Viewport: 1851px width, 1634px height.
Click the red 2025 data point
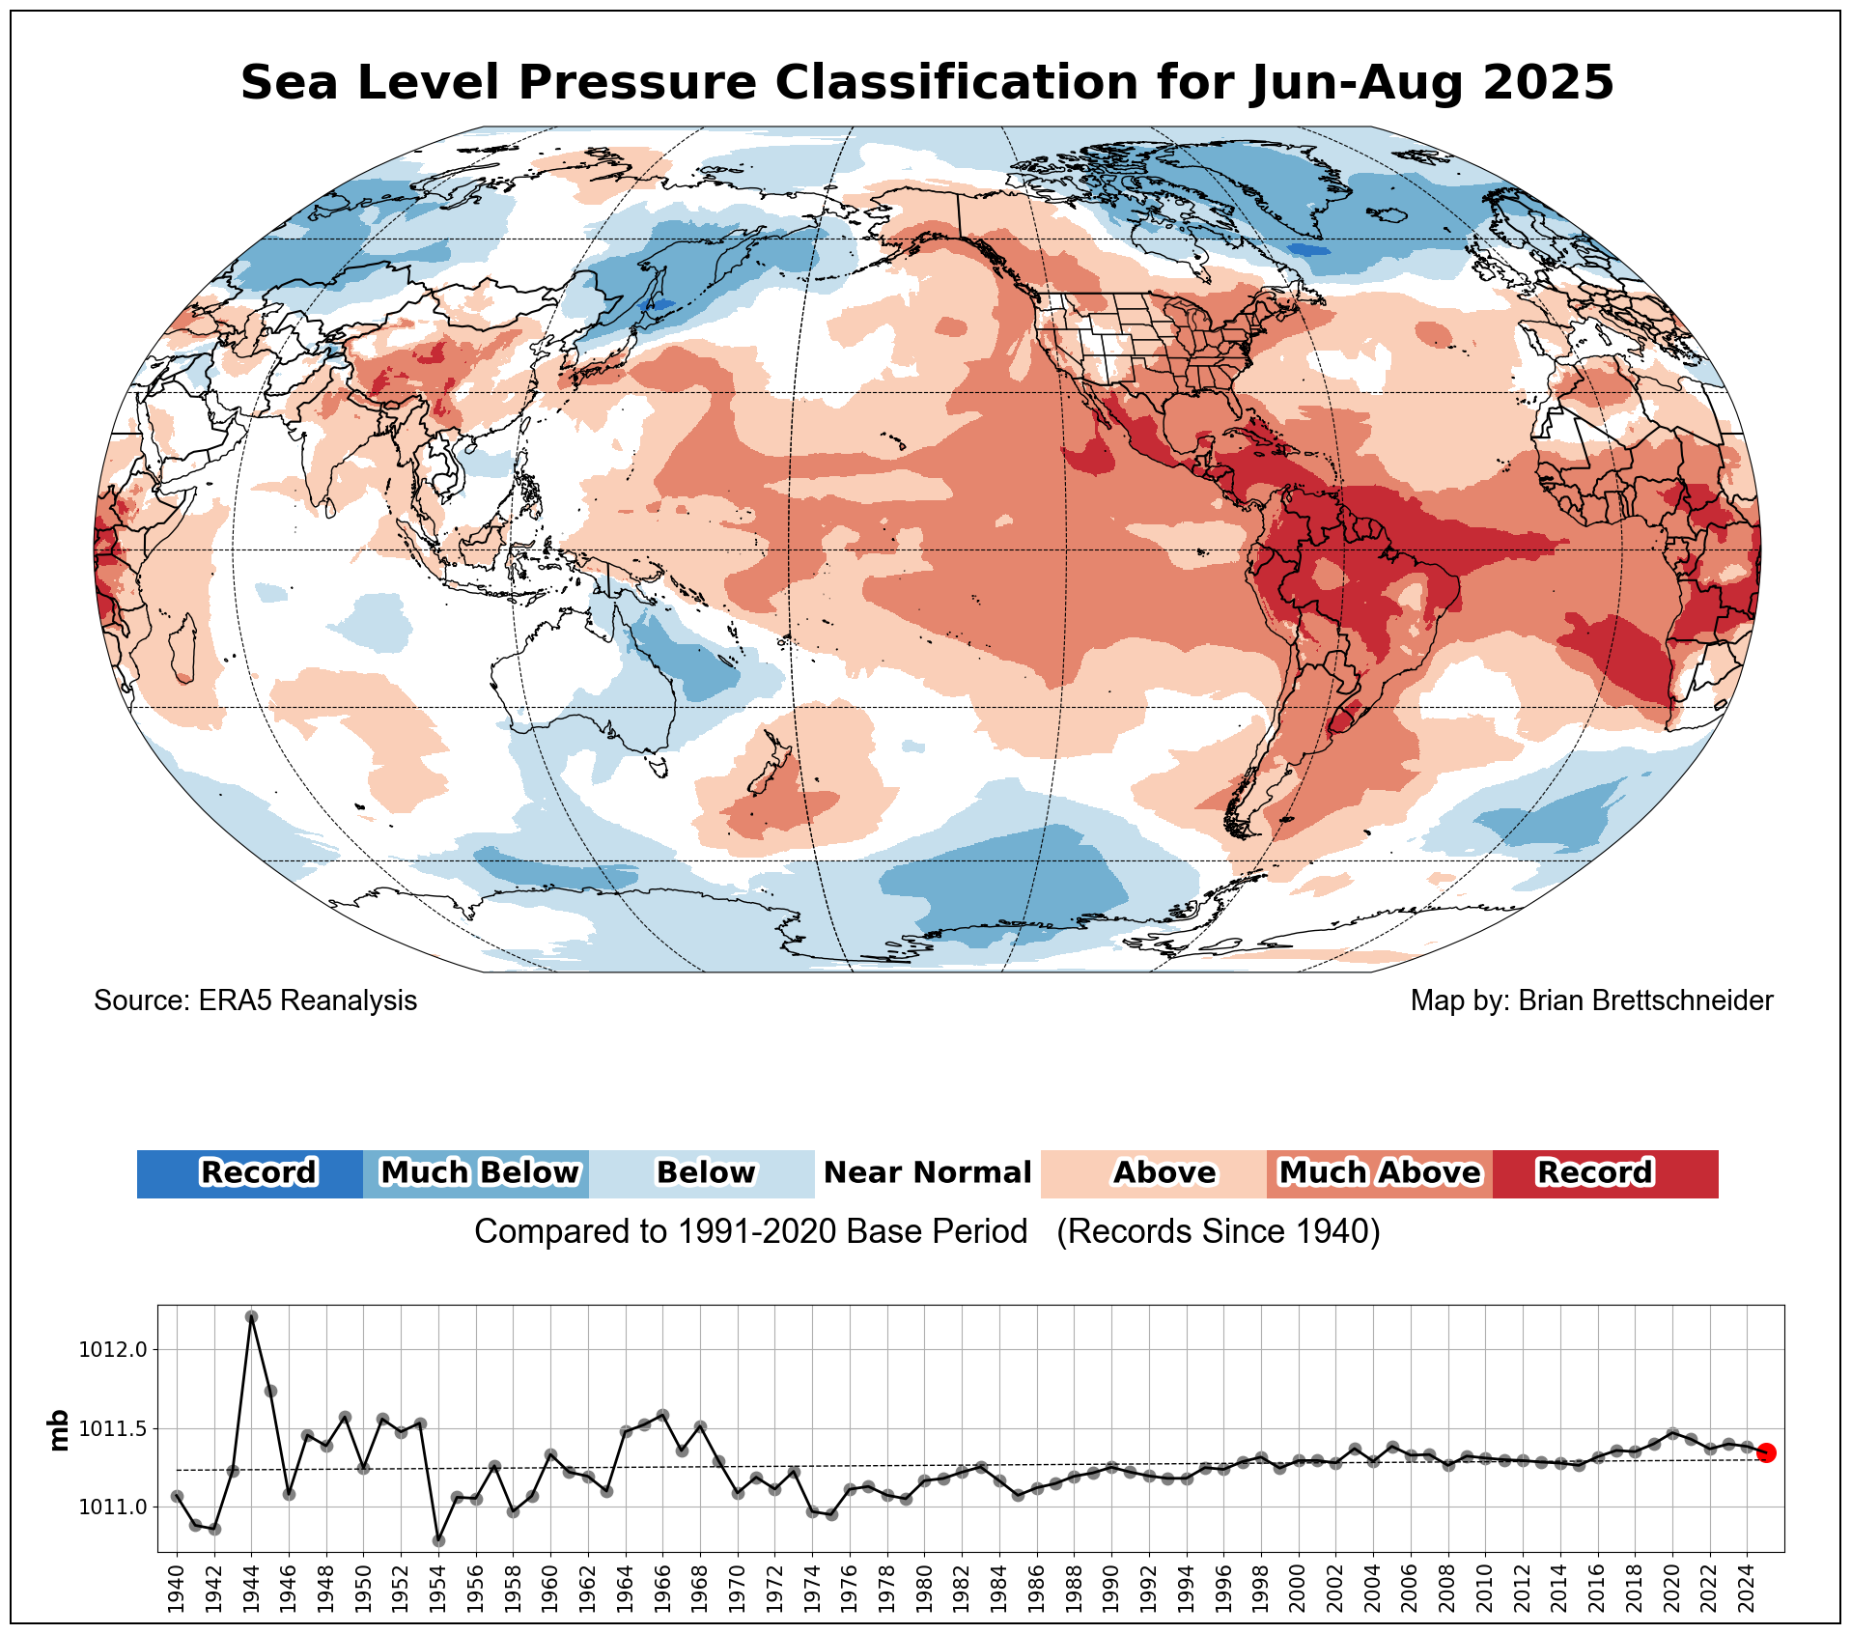click(1766, 1452)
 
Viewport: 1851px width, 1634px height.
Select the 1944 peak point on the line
click(251, 1316)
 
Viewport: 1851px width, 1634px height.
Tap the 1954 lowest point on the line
click(438, 1540)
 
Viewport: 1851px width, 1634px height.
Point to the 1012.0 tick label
click(113, 1349)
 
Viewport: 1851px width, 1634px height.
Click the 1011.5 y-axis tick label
click(113, 1428)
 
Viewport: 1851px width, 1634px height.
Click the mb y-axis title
click(59, 1430)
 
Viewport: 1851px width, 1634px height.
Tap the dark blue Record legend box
click(250, 1173)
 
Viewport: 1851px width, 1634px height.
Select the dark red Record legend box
click(1605, 1173)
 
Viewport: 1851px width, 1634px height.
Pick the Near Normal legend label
click(927, 1173)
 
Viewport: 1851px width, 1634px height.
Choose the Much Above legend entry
click(1379, 1173)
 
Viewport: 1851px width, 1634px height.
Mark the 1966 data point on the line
click(662, 1415)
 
